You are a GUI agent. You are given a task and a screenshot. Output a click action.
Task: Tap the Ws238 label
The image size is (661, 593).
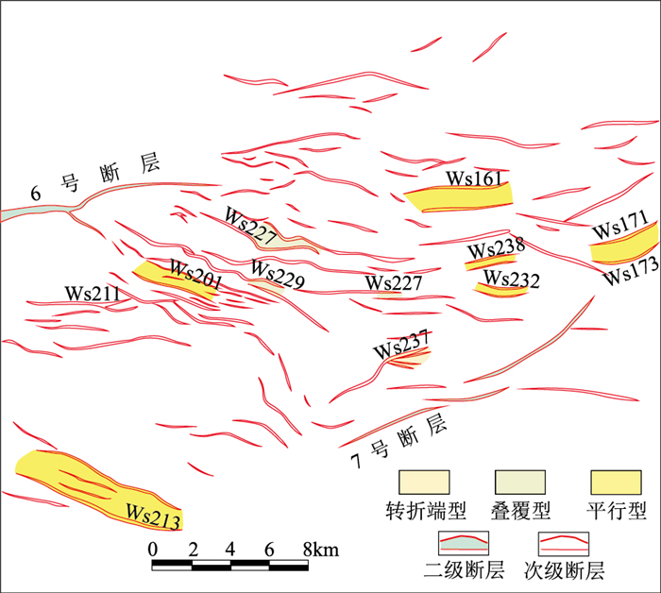coord(496,249)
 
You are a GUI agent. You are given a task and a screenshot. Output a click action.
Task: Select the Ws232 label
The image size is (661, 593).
coord(512,280)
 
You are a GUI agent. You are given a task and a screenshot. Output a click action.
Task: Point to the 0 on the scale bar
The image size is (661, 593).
coord(153,550)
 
